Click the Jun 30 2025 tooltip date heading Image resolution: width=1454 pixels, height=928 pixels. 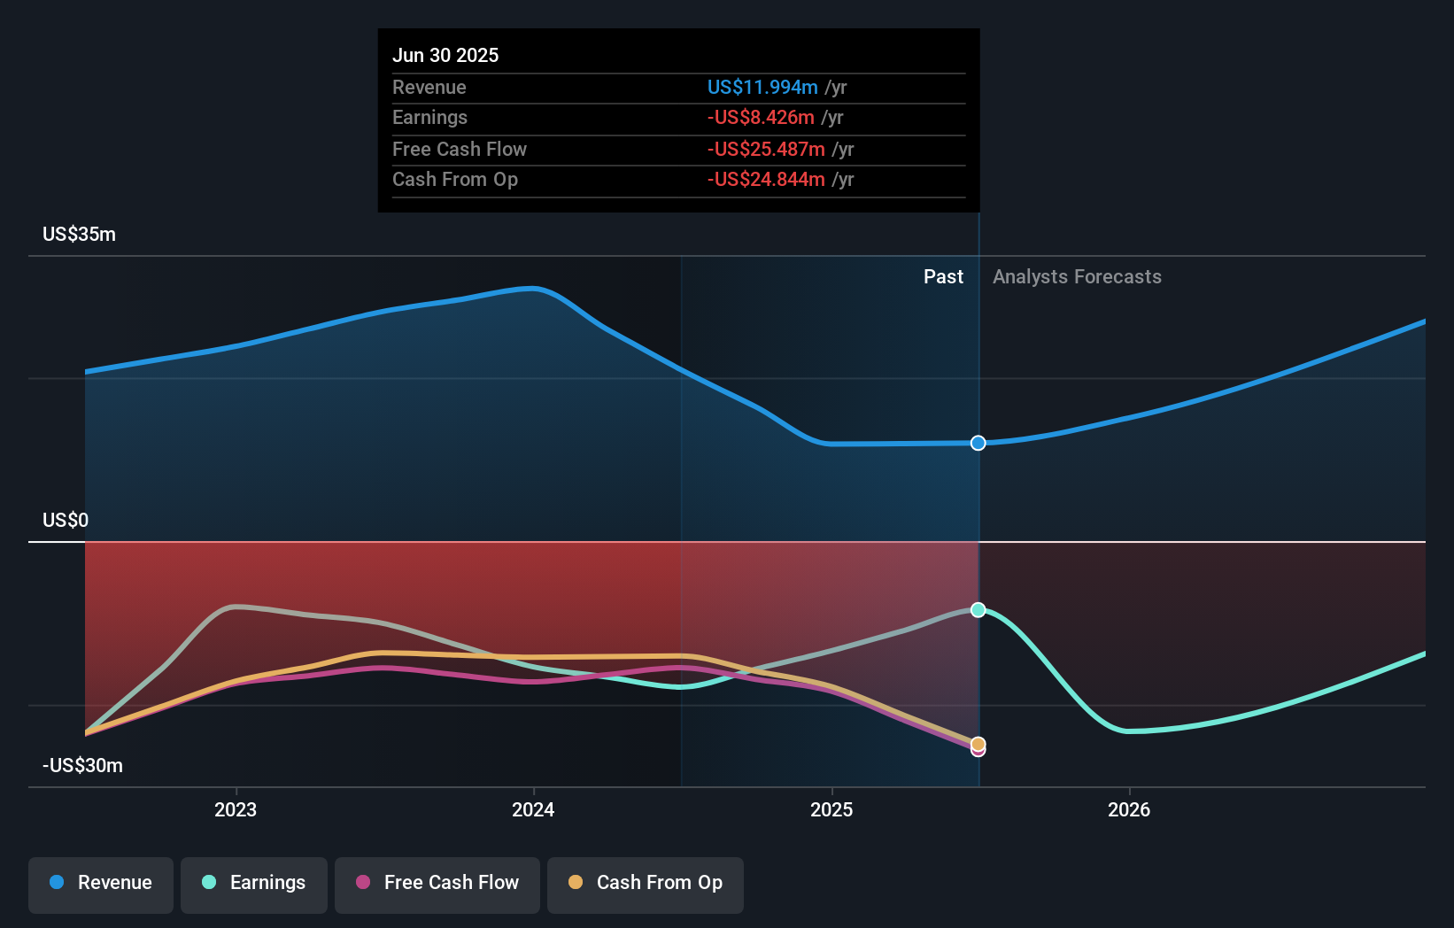click(x=445, y=55)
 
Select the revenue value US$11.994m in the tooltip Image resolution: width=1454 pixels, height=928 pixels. click(x=762, y=87)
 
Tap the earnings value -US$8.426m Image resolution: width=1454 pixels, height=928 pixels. click(x=760, y=118)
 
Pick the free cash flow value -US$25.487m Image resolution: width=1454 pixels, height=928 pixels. click(x=765, y=149)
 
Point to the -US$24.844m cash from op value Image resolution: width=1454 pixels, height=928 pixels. click(x=765, y=180)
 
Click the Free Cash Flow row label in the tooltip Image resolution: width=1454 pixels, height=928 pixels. click(x=459, y=149)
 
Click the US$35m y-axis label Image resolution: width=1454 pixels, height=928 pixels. click(x=79, y=234)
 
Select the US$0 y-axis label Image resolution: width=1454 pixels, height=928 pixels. click(x=66, y=520)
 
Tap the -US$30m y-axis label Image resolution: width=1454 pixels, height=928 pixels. click(x=82, y=765)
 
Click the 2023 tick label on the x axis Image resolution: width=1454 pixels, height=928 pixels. click(x=236, y=809)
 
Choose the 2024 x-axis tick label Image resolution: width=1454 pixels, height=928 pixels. click(x=533, y=809)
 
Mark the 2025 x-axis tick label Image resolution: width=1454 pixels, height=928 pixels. click(x=831, y=809)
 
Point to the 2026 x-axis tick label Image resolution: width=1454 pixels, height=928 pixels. click(x=1129, y=809)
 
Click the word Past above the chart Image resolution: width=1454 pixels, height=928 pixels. click(x=943, y=276)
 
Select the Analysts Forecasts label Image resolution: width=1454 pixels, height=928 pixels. click(x=1077, y=276)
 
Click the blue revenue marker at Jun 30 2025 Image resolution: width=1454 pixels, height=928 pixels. click(x=978, y=443)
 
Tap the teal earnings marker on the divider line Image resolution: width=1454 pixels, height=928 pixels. click(x=978, y=609)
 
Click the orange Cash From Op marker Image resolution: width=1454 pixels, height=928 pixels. click(x=978, y=743)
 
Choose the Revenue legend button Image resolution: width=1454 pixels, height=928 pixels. click(x=101, y=883)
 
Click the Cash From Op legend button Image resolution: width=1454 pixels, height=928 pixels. click(x=646, y=883)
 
